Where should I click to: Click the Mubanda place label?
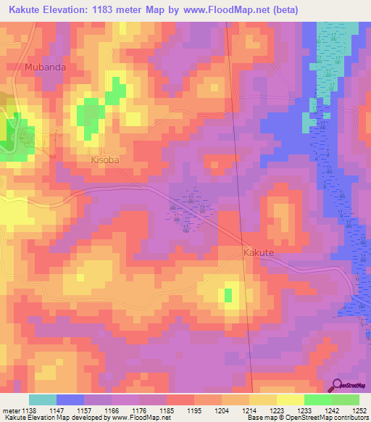[45, 68]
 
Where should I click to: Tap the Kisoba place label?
[105, 160]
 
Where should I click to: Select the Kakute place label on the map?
[258, 252]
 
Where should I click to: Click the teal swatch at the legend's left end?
[43, 400]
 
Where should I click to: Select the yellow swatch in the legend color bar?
[291, 400]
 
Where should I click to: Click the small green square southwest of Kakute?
[228, 294]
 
